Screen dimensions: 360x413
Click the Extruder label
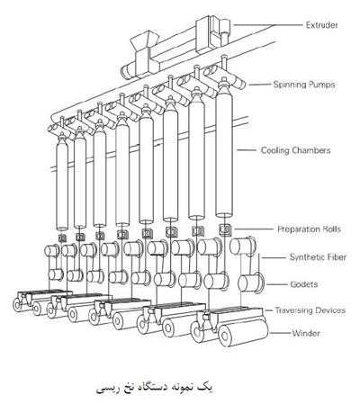tap(322, 25)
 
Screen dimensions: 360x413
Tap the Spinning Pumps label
tap(304, 85)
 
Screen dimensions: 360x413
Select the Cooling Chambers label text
tap(295, 150)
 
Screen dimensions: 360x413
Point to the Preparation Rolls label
tap(309, 229)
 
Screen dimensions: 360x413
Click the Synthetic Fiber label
tap(318, 257)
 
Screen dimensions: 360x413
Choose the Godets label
tap(304, 284)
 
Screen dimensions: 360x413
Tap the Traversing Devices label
tap(310, 310)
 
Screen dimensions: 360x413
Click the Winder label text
tap(306, 333)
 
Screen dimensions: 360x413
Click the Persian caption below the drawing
tap(155, 388)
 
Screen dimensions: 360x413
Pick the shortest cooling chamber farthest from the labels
tap(62, 183)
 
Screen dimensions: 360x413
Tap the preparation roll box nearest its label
tap(225, 229)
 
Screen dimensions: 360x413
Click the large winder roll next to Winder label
tap(243, 331)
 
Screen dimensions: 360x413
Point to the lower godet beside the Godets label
tap(251, 283)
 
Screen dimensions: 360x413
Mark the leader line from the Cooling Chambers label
tap(247, 150)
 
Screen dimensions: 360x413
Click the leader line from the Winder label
tap(281, 333)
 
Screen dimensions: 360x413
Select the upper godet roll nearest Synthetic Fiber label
tap(243, 246)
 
